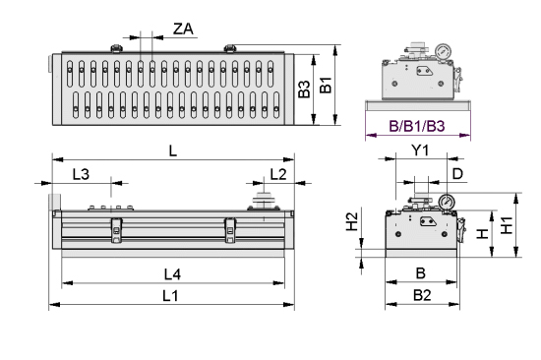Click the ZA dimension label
(x=183, y=29)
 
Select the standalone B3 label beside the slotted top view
(x=305, y=90)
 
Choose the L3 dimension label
(x=83, y=174)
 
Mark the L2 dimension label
(x=277, y=174)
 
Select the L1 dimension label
(x=171, y=295)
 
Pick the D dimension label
(x=456, y=174)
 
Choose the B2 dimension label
(x=421, y=295)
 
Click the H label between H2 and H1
(x=481, y=234)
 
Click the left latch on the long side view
(x=116, y=229)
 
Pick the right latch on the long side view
(x=230, y=229)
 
